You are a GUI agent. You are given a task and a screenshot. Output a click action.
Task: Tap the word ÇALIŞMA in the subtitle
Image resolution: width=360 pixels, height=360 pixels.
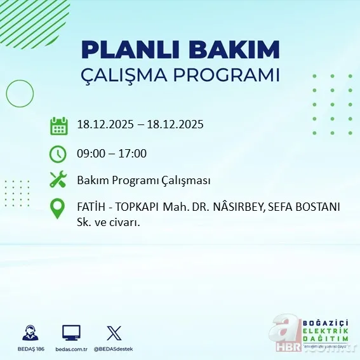tap(132, 75)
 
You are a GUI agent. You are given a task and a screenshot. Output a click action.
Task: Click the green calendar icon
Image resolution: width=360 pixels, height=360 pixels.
tap(58, 125)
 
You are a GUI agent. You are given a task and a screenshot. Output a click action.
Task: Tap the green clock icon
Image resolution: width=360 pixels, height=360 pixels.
tap(58, 153)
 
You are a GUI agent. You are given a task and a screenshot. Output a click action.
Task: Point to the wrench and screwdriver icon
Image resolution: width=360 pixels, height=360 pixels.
tap(58, 180)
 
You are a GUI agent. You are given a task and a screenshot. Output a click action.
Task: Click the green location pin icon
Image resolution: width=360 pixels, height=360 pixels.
tap(58, 209)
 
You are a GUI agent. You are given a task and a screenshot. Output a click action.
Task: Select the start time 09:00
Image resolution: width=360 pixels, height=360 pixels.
tap(91, 153)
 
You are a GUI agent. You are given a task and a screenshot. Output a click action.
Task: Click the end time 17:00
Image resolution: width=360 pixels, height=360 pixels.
tap(133, 153)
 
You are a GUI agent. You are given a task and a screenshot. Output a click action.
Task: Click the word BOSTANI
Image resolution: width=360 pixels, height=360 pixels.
tap(319, 207)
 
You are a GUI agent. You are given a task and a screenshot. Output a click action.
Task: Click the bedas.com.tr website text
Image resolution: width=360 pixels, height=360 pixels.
tap(71, 349)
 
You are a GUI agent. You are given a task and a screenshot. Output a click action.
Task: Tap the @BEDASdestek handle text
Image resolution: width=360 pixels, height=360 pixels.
tap(115, 349)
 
